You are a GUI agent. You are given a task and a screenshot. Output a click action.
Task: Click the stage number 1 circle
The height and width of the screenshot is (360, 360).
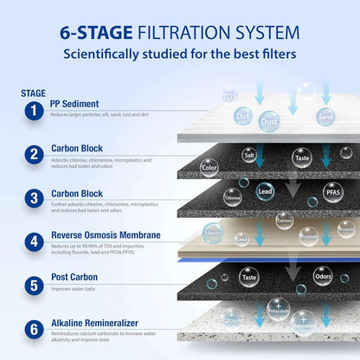(x=33, y=110)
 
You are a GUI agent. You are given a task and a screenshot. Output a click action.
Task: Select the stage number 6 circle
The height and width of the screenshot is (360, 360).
(x=33, y=330)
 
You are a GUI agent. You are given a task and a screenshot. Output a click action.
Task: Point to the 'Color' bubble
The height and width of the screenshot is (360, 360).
(x=209, y=166)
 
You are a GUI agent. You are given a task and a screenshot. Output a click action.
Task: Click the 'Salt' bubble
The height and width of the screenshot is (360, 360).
(x=249, y=155)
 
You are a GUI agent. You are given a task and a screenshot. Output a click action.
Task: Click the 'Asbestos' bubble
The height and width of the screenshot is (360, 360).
(x=212, y=233)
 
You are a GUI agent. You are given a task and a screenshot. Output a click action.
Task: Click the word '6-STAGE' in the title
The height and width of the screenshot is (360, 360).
(x=95, y=33)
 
